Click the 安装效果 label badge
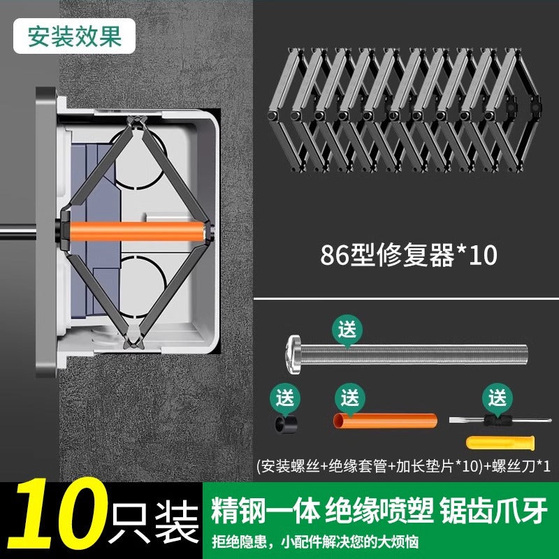(74, 36)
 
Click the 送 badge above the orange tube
(350, 398)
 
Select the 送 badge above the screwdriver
(498, 398)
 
